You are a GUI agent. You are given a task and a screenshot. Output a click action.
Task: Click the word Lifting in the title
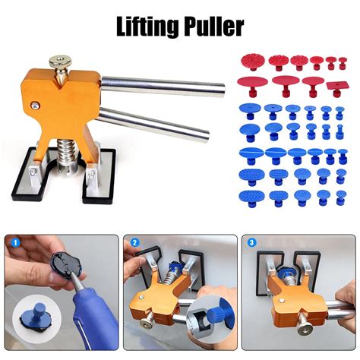tap(147, 27)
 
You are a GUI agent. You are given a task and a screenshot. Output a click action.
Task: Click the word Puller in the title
tap(213, 27)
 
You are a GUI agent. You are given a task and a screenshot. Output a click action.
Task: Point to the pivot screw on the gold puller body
tap(34, 105)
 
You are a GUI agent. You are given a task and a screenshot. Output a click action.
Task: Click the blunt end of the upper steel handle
tap(222, 91)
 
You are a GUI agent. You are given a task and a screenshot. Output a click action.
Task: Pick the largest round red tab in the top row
tap(252, 62)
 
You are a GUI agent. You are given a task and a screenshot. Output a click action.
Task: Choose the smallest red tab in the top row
tap(343, 63)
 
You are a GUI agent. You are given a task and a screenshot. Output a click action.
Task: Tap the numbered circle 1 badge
tap(16, 243)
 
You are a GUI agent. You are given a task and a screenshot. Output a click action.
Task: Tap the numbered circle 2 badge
tap(135, 243)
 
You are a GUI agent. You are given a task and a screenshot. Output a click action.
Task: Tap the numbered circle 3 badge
tap(251, 243)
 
